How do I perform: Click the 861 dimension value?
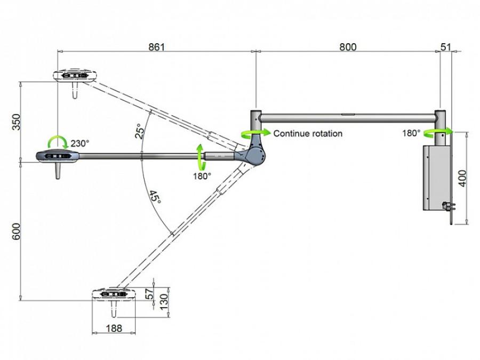click(x=156, y=47)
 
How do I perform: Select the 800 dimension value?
click(x=348, y=47)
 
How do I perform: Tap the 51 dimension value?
click(x=446, y=47)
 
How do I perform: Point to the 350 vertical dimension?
click(x=16, y=122)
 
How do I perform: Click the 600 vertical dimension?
click(x=16, y=231)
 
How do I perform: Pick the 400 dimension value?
click(x=462, y=178)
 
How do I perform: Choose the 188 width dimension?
click(x=114, y=328)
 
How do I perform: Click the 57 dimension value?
click(x=150, y=294)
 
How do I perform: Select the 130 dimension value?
click(x=164, y=301)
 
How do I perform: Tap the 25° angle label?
click(x=139, y=131)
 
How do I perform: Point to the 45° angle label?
click(x=155, y=197)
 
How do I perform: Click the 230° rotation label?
click(x=80, y=143)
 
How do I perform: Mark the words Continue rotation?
click(x=308, y=133)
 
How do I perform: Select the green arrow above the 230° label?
click(x=58, y=141)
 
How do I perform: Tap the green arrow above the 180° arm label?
click(x=201, y=157)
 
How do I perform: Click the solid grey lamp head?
click(x=58, y=156)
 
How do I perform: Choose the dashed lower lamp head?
click(x=114, y=294)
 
